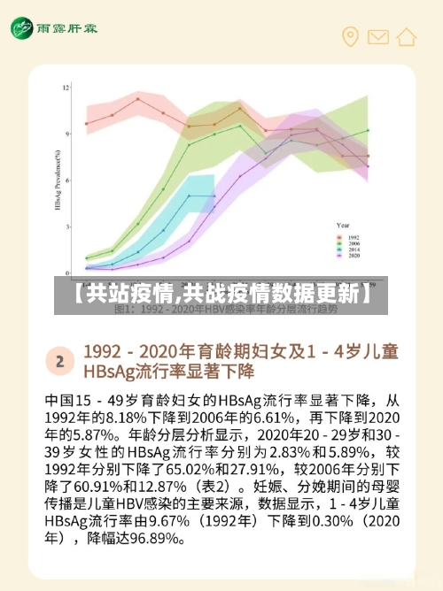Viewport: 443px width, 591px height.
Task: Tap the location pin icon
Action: coord(350,36)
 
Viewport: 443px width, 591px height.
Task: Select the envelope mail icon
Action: coord(378,36)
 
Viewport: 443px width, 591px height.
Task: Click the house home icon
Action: coord(407,36)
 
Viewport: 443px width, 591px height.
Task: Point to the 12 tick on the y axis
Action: coord(66,87)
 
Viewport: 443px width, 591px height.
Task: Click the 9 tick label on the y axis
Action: coord(66,134)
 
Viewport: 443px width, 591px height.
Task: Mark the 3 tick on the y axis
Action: coord(66,226)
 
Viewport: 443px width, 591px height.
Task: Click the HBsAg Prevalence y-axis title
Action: coord(56,177)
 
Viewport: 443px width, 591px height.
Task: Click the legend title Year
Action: coord(344,226)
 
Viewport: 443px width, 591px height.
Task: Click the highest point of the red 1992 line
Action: coord(137,99)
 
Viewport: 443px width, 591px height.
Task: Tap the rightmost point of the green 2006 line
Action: coord(368,130)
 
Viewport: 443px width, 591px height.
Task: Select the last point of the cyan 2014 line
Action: coord(214,196)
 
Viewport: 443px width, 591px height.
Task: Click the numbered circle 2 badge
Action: coord(59,360)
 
